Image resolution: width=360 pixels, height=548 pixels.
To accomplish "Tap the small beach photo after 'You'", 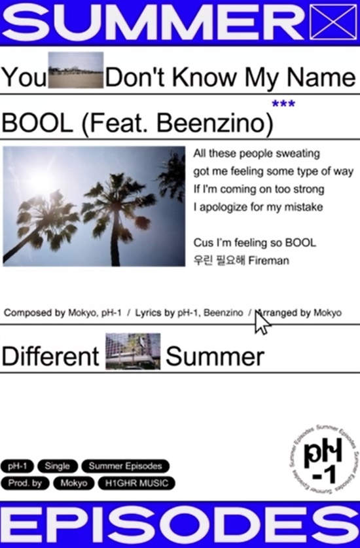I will click(x=76, y=70).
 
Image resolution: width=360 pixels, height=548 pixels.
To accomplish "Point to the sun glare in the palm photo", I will click(x=41, y=177).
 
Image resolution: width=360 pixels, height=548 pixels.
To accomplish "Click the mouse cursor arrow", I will click(x=261, y=322).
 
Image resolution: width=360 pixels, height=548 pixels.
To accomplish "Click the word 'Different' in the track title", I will click(x=50, y=357).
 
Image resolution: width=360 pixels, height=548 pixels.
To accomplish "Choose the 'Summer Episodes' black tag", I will click(x=125, y=466).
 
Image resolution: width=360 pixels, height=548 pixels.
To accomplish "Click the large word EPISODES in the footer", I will click(x=180, y=524).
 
